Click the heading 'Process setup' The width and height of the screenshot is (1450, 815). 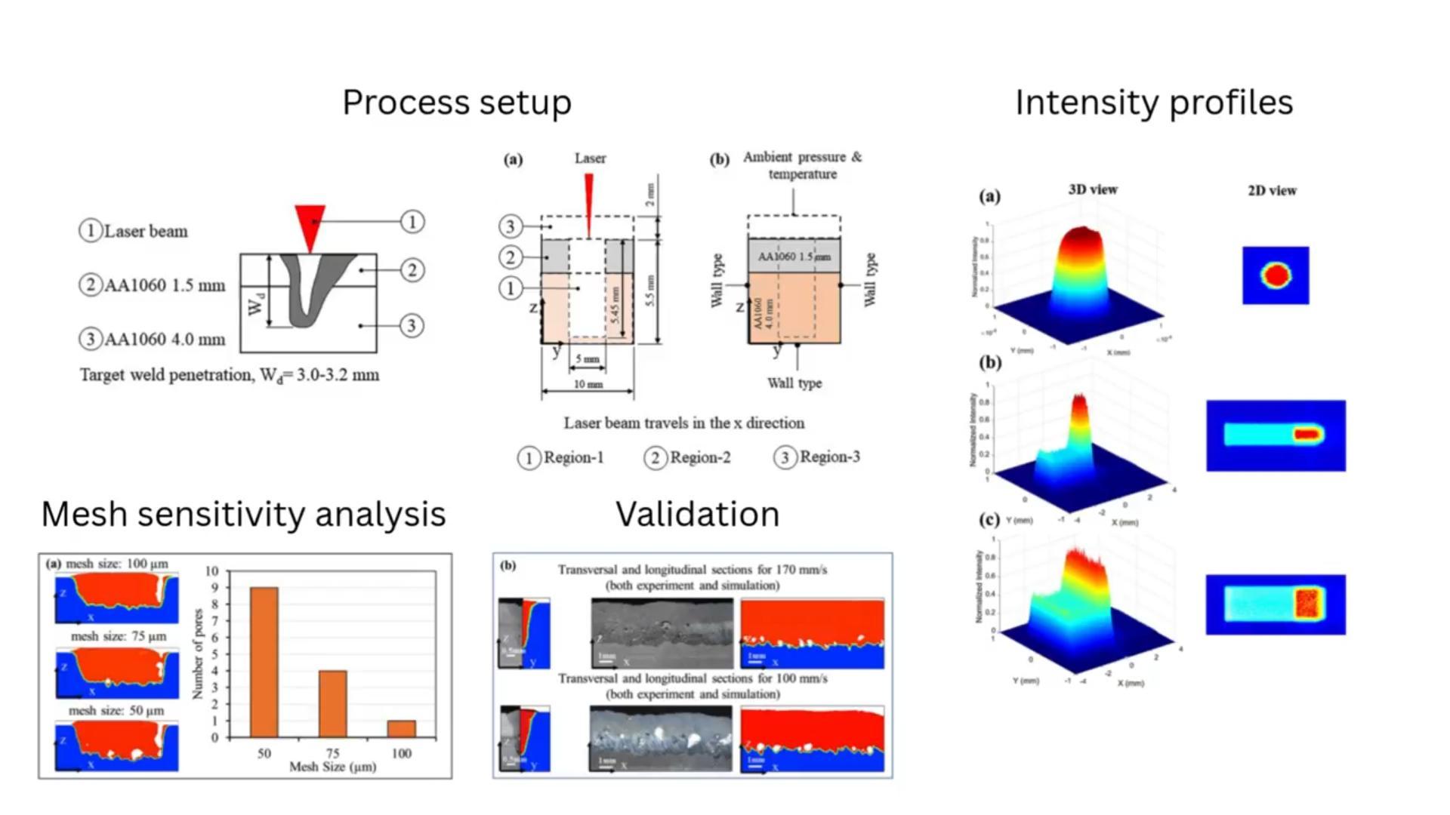(x=457, y=103)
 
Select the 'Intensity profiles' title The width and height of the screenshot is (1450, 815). (x=1153, y=103)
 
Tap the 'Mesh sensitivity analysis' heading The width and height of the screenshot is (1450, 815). (x=243, y=514)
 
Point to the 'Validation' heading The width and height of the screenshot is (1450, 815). (x=697, y=514)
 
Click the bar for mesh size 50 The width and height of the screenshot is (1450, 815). (x=264, y=662)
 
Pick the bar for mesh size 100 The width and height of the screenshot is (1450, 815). (x=402, y=728)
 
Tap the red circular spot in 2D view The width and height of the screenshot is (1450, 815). (x=1276, y=275)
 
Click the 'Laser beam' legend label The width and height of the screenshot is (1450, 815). (x=146, y=231)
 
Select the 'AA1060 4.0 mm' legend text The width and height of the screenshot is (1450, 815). (x=165, y=340)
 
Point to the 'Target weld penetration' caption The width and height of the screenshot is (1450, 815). (x=230, y=375)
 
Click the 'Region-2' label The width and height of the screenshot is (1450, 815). (x=700, y=457)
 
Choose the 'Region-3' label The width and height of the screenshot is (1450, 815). (x=829, y=457)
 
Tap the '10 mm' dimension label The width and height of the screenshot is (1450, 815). (x=588, y=385)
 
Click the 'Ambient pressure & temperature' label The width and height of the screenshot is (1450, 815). (x=802, y=165)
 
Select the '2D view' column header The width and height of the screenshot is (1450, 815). (x=1272, y=191)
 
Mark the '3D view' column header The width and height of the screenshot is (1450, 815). (x=1093, y=189)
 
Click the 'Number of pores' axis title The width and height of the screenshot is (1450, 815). (x=198, y=654)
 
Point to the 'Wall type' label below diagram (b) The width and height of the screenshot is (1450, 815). (x=794, y=383)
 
